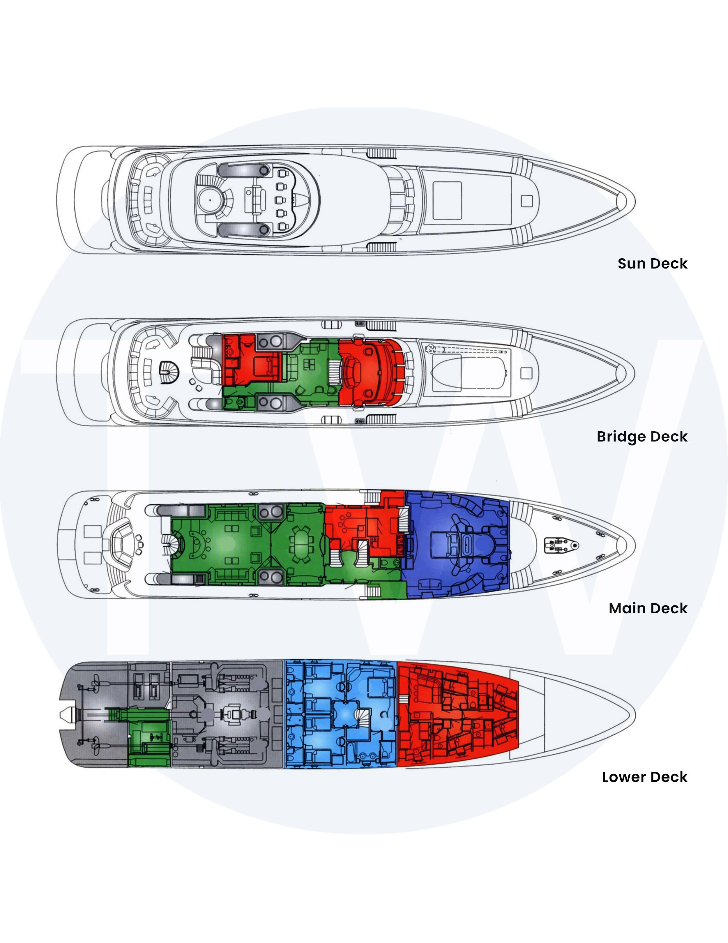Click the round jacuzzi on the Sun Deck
click(210, 200)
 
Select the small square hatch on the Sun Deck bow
click(527, 201)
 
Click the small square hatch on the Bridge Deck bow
click(526, 373)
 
